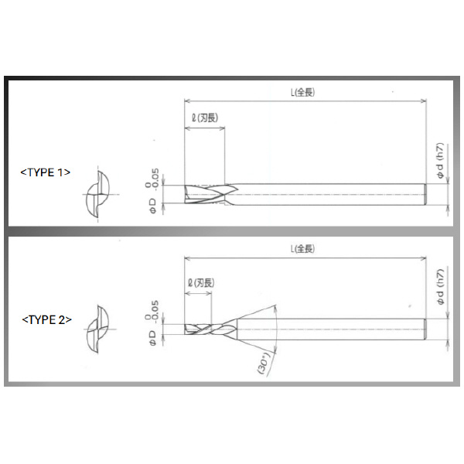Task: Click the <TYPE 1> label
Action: click(x=45, y=172)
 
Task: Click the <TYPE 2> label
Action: click(x=45, y=318)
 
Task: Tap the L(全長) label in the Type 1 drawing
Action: click(x=302, y=91)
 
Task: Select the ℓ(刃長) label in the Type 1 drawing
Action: click(x=206, y=118)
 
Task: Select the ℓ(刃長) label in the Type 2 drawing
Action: click(x=203, y=282)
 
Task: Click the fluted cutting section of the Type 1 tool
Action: click(x=207, y=194)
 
